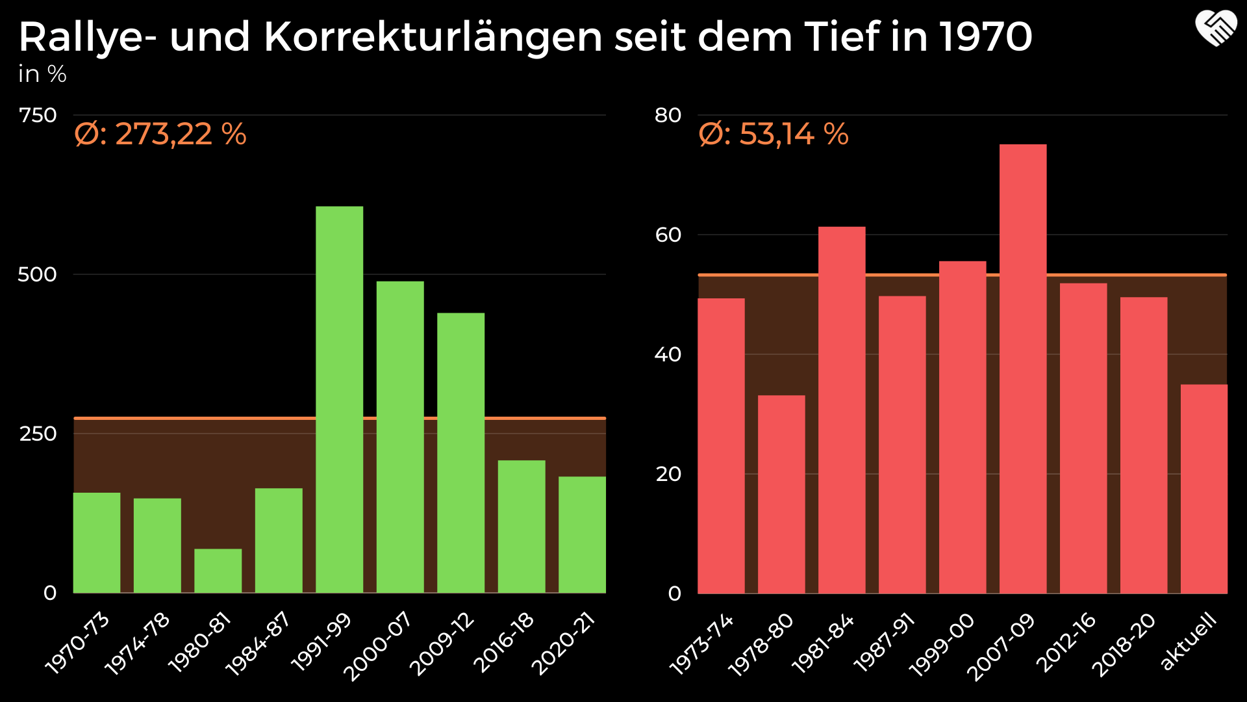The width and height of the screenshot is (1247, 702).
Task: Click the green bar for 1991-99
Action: coord(339,399)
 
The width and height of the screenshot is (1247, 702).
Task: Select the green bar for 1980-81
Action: coord(218,571)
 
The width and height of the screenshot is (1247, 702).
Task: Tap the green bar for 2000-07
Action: coord(400,437)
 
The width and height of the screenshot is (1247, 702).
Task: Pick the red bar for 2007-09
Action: coord(1023,369)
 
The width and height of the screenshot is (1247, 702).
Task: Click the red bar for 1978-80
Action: coord(781,494)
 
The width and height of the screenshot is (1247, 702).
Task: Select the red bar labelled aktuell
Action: coord(1203,488)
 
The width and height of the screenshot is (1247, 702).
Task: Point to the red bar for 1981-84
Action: coord(842,409)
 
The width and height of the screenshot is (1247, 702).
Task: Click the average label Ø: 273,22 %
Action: coord(160,135)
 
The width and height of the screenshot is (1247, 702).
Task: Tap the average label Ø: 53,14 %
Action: coord(774,135)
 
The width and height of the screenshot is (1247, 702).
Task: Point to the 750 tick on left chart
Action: coord(38,116)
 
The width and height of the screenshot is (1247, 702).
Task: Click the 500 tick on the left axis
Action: coord(37,274)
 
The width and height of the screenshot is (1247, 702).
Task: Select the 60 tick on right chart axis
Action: coord(668,235)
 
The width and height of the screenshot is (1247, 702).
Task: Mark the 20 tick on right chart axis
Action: coord(668,474)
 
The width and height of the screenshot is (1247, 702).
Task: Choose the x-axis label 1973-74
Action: coord(702,643)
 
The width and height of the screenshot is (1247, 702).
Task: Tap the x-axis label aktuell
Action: coord(1189,641)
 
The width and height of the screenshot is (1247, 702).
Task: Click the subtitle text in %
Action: coord(42,75)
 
